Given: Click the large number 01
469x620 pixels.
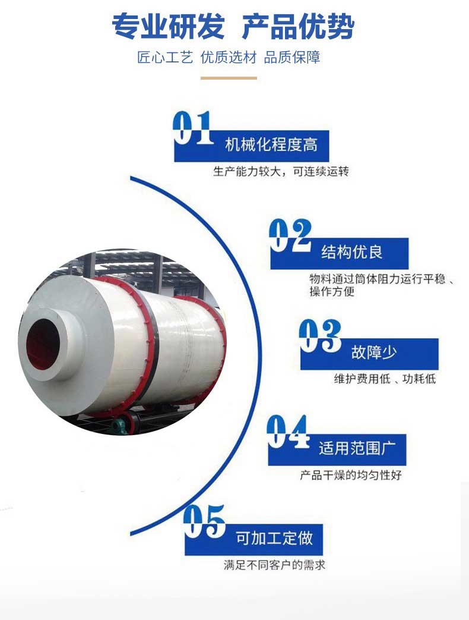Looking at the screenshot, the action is click(193, 128).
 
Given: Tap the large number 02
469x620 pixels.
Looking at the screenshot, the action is click(290, 235).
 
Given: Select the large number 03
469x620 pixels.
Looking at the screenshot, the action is click(320, 336).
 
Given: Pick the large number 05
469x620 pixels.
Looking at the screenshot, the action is click(204, 521).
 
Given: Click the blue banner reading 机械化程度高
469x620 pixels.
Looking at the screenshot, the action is click(252, 146).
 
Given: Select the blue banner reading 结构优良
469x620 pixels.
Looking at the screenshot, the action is click(340, 253).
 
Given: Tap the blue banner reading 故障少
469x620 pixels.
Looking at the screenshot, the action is click(369, 354).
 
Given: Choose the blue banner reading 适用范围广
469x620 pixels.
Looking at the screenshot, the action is click(337, 449).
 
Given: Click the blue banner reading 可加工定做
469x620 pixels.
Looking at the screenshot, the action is click(254, 539).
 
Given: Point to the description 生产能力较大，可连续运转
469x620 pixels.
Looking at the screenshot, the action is click(281, 172).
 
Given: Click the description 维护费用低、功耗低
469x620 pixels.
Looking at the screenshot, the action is click(385, 379).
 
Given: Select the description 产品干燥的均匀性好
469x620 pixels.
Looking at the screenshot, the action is click(351, 475).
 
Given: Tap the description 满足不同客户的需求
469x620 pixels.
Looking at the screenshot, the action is click(275, 565).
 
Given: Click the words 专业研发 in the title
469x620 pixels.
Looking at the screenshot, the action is click(169, 27).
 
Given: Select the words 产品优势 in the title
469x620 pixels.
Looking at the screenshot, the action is click(298, 27).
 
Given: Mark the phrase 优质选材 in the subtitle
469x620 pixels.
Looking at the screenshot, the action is click(229, 57).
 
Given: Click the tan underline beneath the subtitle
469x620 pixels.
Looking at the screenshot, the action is click(229, 78).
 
